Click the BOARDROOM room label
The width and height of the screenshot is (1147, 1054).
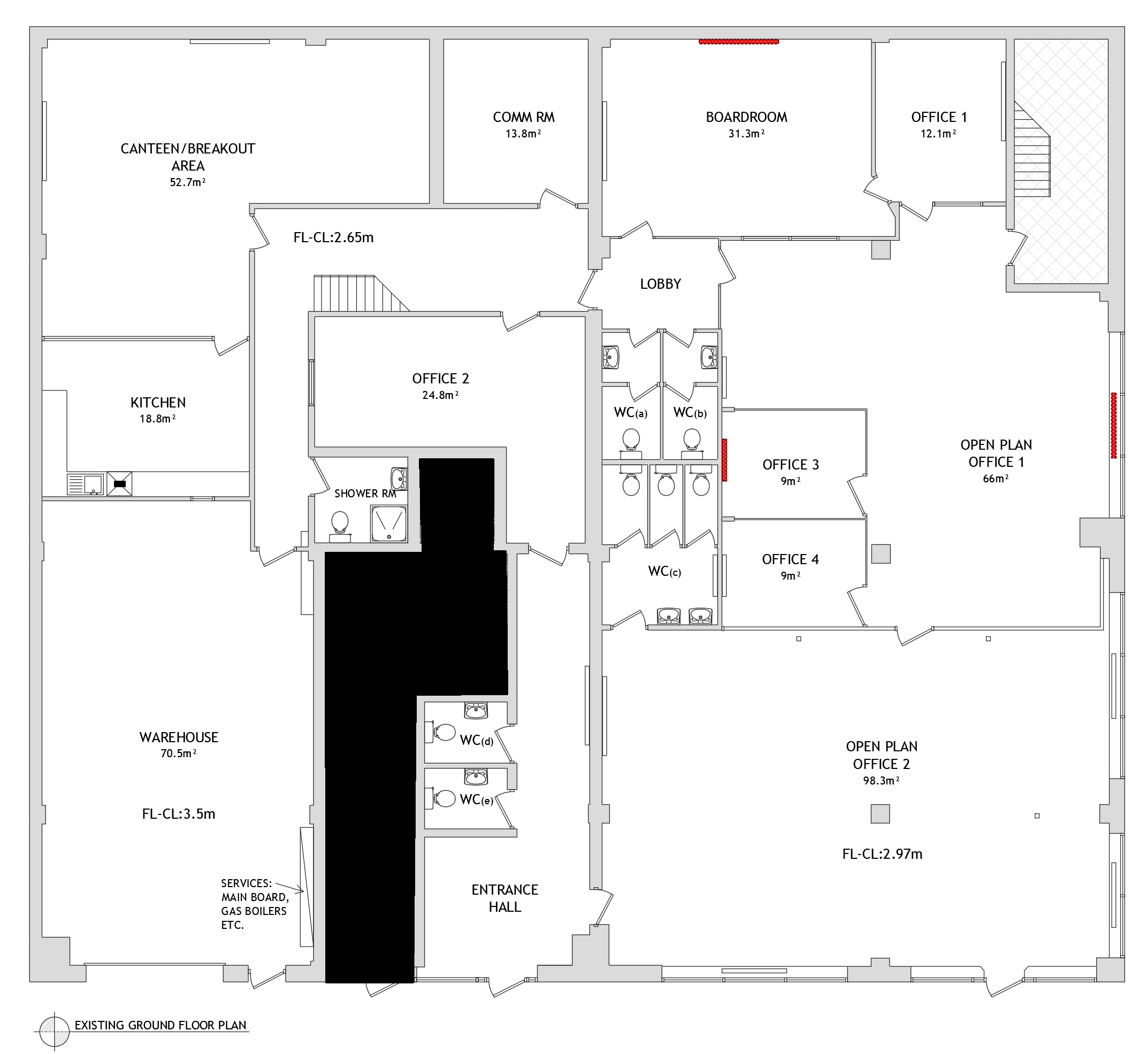pyautogui.click(x=746, y=118)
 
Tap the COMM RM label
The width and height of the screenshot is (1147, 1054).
pyautogui.click(x=523, y=118)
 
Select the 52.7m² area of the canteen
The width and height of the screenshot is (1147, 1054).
pyautogui.click(x=188, y=182)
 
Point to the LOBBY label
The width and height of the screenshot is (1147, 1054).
pyautogui.click(x=660, y=284)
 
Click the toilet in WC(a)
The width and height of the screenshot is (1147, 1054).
pyautogui.click(x=631, y=444)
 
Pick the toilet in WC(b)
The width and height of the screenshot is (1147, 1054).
pyautogui.click(x=692, y=444)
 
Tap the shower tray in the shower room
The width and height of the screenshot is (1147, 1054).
pyautogui.click(x=388, y=524)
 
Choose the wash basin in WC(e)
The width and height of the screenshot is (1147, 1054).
pyautogui.click(x=476, y=776)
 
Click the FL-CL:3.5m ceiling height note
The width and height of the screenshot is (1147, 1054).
pyautogui.click(x=179, y=814)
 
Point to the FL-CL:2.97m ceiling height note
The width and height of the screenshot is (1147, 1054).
pyautogui.click(x=882, y=854)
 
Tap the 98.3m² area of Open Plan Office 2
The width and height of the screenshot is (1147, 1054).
pyautogui.click(x=881, y=780)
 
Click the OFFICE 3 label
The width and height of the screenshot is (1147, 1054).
pyautogui.click(x=790, y=465)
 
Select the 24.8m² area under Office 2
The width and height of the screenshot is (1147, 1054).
pyautogui.click(x=440, y=395)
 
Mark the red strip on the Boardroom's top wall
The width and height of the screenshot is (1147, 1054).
pyautogui.click(x=739, y=42)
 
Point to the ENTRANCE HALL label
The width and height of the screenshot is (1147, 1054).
pyautogui.click(x=504, y=898)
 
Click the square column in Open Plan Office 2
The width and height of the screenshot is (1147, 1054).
pyautogui.click(x=880, y=813)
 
